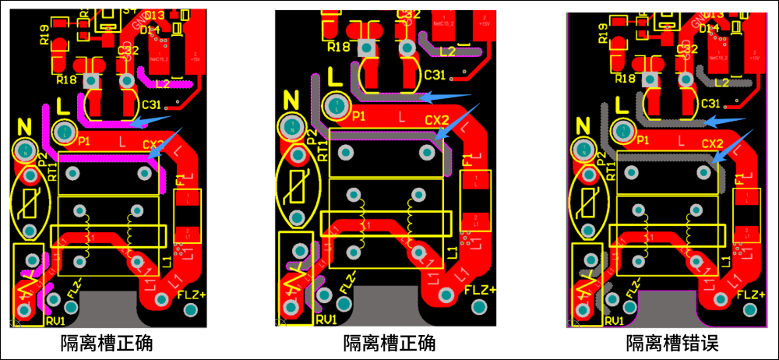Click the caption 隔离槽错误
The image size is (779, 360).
671,342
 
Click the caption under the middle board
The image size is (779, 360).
389,342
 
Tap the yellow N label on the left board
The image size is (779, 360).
23,126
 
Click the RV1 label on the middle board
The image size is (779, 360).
326,319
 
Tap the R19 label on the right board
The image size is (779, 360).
602,32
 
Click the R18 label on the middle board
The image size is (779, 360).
338,47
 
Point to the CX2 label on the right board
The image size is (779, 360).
711,143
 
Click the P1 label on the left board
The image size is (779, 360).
84,140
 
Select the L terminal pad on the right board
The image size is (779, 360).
622,129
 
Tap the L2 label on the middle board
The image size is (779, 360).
447,51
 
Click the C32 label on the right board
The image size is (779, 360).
687,49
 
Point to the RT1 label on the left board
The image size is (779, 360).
52,171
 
